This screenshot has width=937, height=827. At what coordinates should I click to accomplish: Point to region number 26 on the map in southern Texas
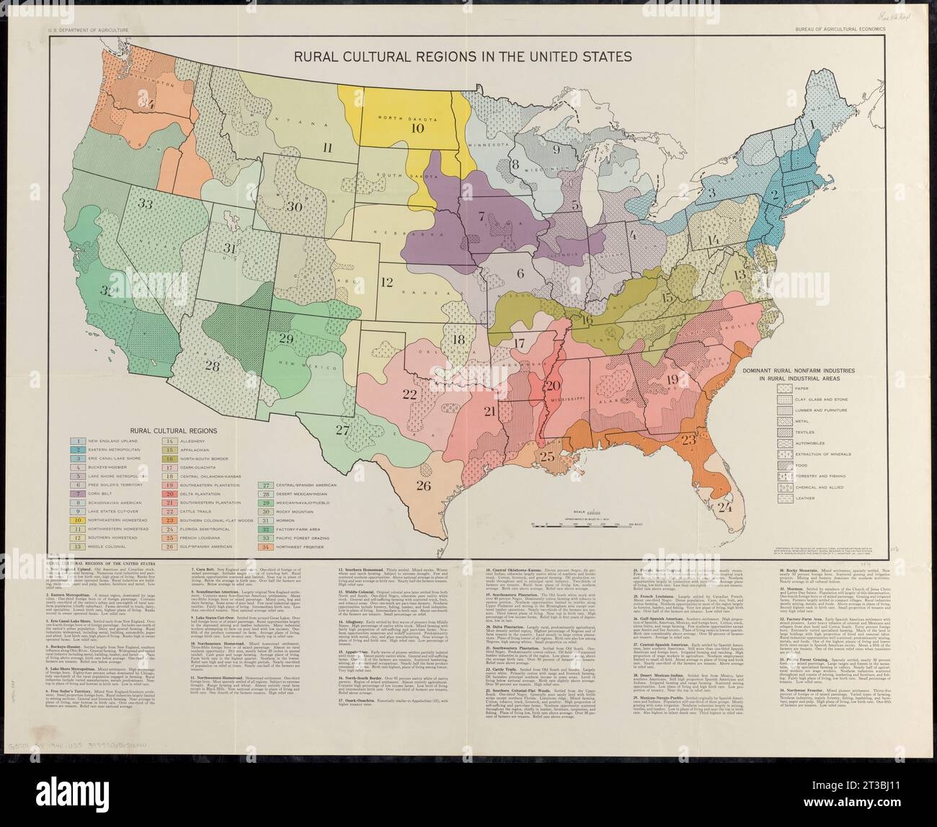423,485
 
